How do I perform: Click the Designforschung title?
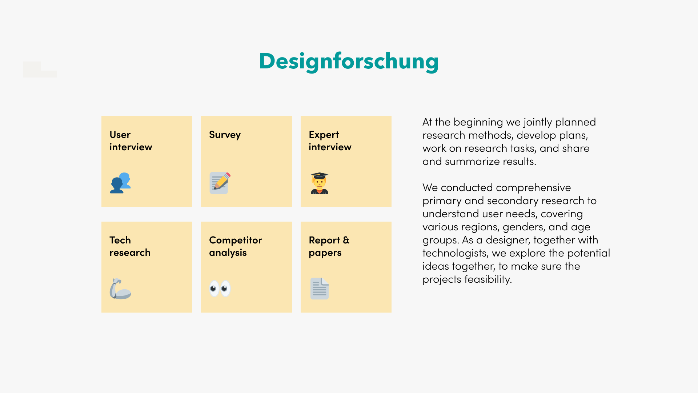pos(349,61)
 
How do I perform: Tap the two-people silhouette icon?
pos(120,183)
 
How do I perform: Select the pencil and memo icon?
pos(220,183)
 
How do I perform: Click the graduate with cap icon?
pos(320,183)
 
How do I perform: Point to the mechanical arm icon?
pos(120,289)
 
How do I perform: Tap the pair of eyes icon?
pos(220,288)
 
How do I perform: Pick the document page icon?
pos(320,289)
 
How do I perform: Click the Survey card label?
pos(225,135)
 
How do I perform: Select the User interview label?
pos(131,141)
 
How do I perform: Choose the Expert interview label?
pos(330,141)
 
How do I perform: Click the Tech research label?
pos(130,246)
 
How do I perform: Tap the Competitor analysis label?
pos(236,246)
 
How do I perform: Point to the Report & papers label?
pos(329,246)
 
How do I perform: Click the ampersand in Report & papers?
pos(346,240)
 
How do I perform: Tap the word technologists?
pos(455,253)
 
